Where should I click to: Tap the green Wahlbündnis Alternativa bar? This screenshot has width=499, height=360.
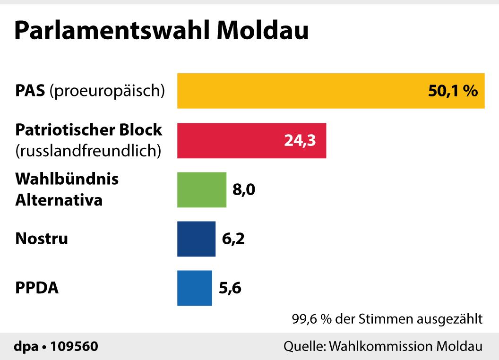pyautogui.click(x=202, y=189)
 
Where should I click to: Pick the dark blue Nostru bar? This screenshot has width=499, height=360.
pyautogui.click(x=196, y=239)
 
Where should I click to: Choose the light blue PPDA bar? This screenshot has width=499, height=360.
pyautogui.click(x=194, y=288)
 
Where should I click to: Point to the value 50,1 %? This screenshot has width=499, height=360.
pyautogui.click(x=453, y=91)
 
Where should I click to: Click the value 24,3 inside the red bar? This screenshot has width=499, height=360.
pyautogui.click(x=300, y=141)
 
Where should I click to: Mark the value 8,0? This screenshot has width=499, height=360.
pyautogui.click(x=244, y=190)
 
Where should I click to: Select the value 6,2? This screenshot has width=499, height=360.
pyautogui.click(x=233, y=239)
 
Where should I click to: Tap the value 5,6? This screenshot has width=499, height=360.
pyautogui.click(x=230, y=288)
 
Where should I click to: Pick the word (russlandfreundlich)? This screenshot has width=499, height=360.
pyautogui.click(x=88, y=151)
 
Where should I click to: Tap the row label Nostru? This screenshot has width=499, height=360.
pyautogui.click(x=42, y=239)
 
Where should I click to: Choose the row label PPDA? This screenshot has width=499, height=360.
pyautogui.click(x=37, y=288)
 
